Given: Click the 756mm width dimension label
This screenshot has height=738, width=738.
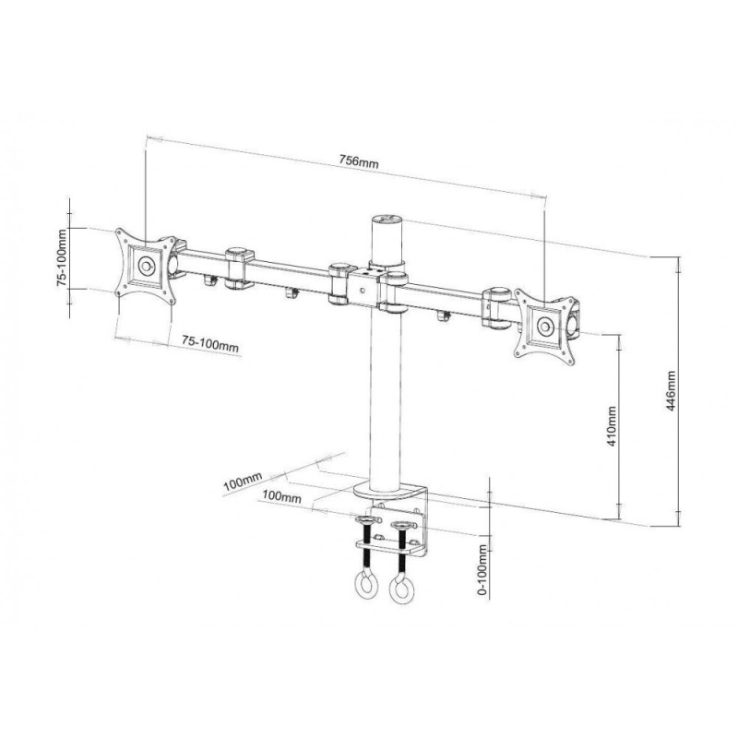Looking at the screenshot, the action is [x=359, y=161].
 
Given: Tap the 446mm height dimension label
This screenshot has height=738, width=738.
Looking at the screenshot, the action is [x=671, y=390].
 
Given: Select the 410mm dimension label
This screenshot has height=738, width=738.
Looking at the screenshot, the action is [x=611, y=426].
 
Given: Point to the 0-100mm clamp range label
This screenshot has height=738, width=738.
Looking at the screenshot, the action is [x=482, y=569].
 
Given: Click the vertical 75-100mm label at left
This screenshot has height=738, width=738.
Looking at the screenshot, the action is [x=63, y=258].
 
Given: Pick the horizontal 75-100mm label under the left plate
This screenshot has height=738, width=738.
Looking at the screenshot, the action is [x=210, y=344].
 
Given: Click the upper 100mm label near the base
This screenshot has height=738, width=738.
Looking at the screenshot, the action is [x=243, y=482].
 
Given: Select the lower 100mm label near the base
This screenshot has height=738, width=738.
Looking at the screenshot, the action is [x=281, y=496].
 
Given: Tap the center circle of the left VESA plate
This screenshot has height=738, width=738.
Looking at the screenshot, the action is [x=146, y=266].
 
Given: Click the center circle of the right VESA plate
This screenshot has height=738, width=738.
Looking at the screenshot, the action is [x=545, y=327].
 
